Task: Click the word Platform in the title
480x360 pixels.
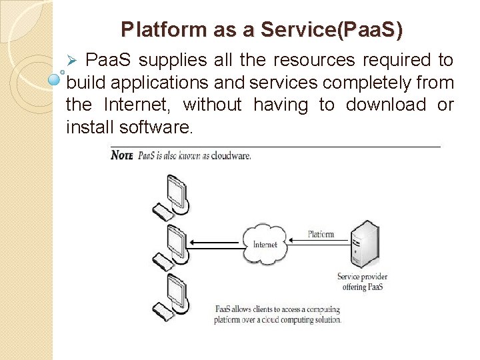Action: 155,30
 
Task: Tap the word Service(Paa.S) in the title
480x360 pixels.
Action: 332,30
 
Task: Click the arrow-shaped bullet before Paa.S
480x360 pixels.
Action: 75,61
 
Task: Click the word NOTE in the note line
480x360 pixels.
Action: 122,155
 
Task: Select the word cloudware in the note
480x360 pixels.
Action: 231,156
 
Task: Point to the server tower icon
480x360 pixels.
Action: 365,243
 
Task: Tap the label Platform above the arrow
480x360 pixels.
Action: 321,234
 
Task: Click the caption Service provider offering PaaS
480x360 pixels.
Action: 362,282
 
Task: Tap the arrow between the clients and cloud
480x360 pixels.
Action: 215,243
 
